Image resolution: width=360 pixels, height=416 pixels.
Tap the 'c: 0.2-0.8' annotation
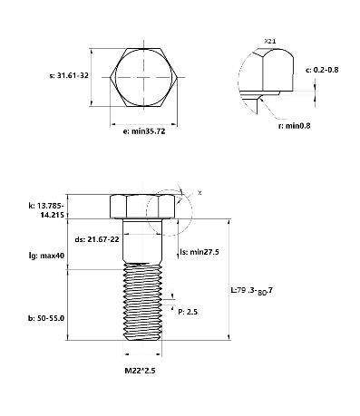(x=323, y=70)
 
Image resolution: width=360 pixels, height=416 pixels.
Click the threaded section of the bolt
(x=142, y=304)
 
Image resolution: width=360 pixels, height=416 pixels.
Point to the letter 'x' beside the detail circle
(x=199, y=193)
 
